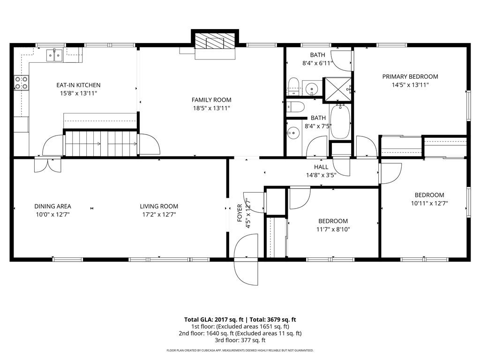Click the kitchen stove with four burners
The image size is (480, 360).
(22, 82)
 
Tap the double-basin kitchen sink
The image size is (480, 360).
(54, 55)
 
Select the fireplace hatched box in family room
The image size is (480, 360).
(215, 40)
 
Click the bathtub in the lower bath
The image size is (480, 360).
(340, 121)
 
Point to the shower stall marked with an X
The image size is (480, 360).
(337, 89)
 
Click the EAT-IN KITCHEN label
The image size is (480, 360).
(78, 85)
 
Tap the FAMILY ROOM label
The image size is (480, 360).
(211, 100)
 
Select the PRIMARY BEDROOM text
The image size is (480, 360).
(410, 76)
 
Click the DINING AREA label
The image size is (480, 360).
(52, 206)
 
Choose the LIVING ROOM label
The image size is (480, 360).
(159, 206)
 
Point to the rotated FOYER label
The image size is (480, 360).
(240, 213)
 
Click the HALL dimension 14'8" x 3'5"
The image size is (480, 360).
(321, 175)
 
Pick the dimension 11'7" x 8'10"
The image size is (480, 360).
(333, 229)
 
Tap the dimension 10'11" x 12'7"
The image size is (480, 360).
(429, 203)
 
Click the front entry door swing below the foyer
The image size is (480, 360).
(246, 272)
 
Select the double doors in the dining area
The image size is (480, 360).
(47, 165)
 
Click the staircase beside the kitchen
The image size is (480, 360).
(101, 143)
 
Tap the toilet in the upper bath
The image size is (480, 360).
(293, 87)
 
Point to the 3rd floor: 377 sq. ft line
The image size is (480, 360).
(240, 340)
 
